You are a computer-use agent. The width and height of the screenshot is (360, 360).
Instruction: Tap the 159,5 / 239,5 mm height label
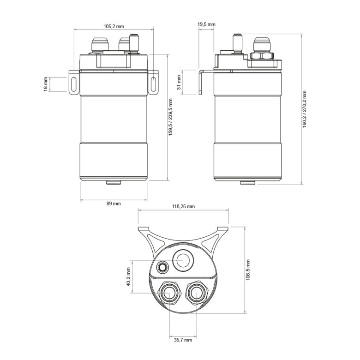170,117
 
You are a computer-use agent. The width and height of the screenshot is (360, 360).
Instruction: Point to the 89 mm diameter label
114,204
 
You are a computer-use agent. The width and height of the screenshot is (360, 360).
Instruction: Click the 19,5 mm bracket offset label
206,24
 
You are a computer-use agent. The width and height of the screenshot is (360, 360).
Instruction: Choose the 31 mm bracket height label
179,83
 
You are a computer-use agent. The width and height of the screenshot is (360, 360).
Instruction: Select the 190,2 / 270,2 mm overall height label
305,109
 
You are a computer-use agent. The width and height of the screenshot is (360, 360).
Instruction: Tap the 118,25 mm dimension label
184,207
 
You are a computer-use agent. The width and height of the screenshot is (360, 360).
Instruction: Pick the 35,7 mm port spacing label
183,340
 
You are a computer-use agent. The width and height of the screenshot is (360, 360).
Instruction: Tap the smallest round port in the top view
162,267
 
